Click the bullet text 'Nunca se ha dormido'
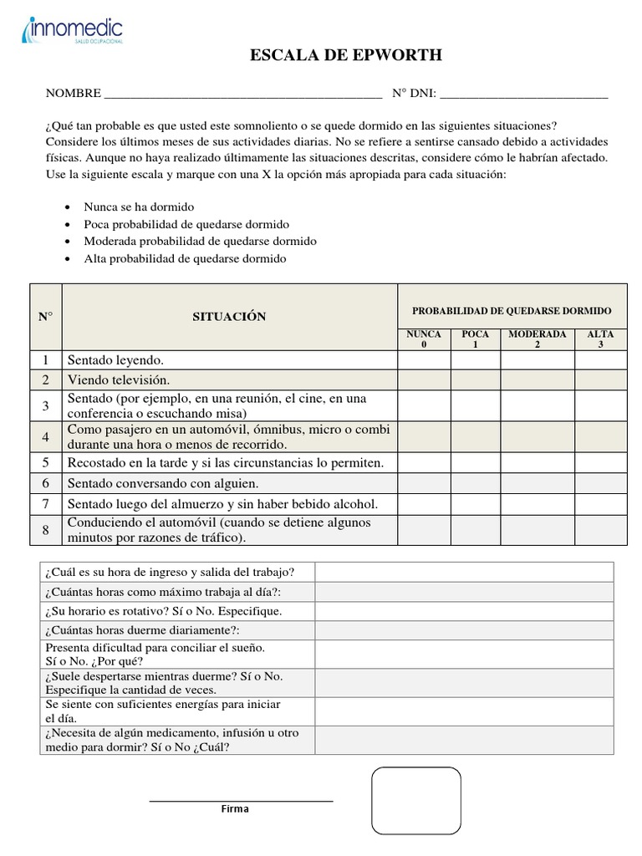tap(139, 206)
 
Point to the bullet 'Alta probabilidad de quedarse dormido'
tap(185, 258)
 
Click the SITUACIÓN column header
tap(229, 317)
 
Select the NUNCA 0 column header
tap(424, 339)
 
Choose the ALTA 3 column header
tap(600, 339)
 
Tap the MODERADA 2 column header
tap(538, 339)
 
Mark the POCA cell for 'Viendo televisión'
tap(476, 380)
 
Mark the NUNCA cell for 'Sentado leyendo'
tap(424, 359)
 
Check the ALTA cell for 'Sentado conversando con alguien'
tap(600, 483)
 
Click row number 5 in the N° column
tap(46, 462)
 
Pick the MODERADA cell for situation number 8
tap(538, 530)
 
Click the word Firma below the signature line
tap(235, 809)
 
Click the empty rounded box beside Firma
tap(415, 800)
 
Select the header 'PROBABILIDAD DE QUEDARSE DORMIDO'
tap(512, 311)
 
